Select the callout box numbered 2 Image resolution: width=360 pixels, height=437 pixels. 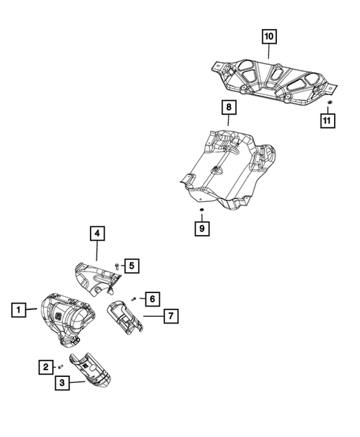(x=46, y=366)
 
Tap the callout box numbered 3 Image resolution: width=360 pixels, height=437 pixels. (x=61, y=383)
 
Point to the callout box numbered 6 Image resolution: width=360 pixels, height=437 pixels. (x=151, y=298)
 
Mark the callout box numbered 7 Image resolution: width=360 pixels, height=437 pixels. (x=170, y=317)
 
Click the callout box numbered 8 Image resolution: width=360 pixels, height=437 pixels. (x=229, y=108)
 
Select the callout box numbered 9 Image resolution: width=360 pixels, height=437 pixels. (x=201, y=229)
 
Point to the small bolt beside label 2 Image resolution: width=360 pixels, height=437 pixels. (x=60, y=366)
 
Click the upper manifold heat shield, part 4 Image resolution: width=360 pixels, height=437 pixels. (x=96, y=276)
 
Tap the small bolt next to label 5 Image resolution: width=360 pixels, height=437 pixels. (x=117, y=266)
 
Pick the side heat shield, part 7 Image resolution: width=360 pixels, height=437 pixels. (x=126, y=316)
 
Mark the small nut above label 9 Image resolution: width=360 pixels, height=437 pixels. (x=201, y=211)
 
